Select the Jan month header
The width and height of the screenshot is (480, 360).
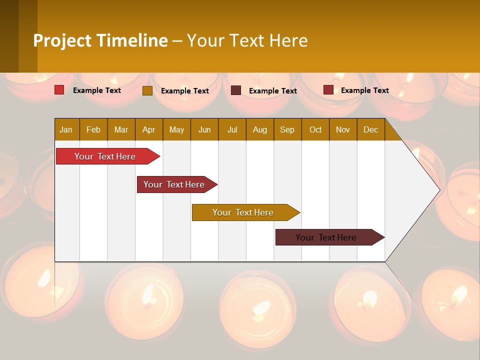point(66,130)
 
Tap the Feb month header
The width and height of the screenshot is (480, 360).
point(93,130)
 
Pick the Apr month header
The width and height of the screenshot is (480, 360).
point(148,130)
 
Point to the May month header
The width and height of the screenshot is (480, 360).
point(176,130)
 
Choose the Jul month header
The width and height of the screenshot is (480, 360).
point(232,130)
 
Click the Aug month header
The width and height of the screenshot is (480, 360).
point(259,130)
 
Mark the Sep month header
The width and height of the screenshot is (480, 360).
point(287,130)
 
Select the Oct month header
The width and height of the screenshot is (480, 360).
point(315,130)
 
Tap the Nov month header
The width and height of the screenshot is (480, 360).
point(343,130)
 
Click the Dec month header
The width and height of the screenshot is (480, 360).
point(370,130)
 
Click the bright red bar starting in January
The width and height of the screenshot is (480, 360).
point(105,156)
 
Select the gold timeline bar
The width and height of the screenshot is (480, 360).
point(243,212)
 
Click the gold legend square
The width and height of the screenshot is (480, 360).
point(147,90)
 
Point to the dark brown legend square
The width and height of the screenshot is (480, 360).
point(236,90)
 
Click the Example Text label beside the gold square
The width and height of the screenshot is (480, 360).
point(185,91)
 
